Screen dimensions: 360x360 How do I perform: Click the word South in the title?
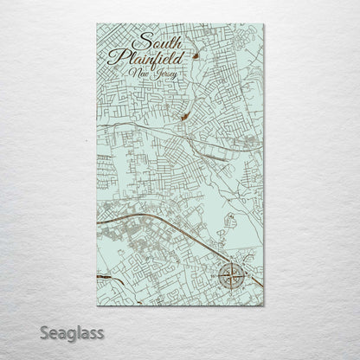(157, 43)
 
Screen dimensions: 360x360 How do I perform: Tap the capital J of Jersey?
(154, 75)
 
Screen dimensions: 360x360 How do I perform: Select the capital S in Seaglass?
(43, 332)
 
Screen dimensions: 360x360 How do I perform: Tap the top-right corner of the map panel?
(265, 24)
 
